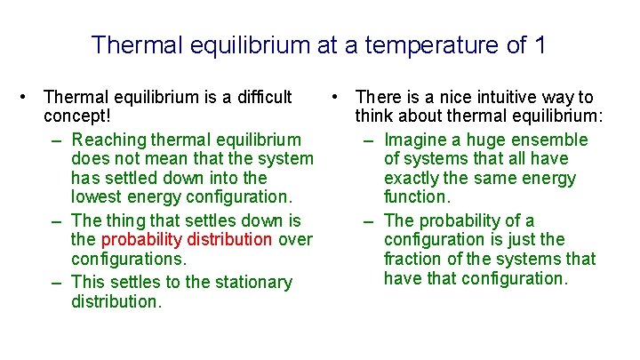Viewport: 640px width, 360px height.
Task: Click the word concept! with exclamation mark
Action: point(76,116)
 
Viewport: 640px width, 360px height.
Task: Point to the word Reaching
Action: point(108,140)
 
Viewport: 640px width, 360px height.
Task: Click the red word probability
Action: point(140,239)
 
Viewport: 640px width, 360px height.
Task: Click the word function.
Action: point(417,196)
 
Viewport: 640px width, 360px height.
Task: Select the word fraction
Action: point(415,259)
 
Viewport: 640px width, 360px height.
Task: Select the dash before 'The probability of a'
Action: point(369,220)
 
